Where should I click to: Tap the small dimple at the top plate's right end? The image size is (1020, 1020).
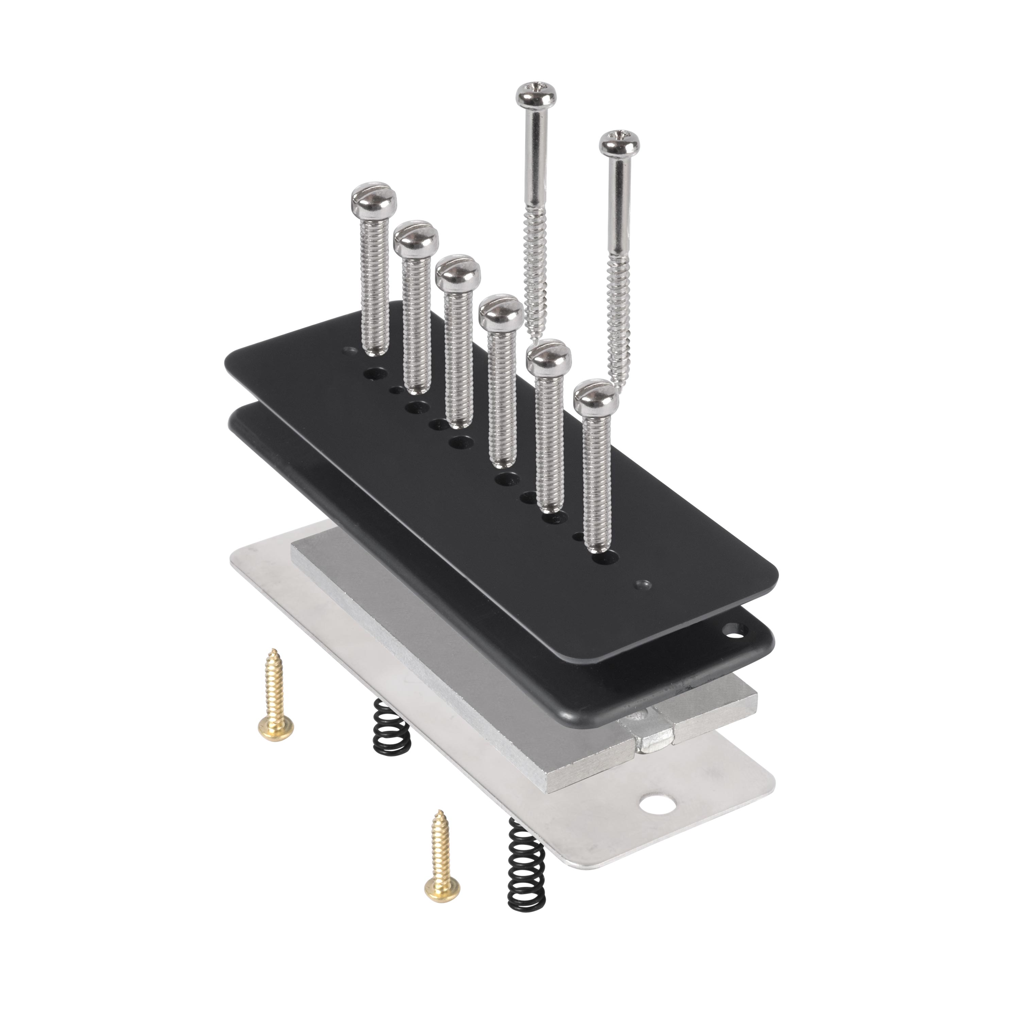coord(643,584)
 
